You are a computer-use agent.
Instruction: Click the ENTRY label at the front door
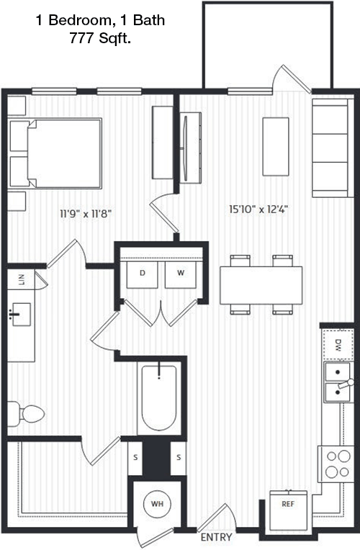[x=216, y=537]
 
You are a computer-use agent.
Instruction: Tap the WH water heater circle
[x=157, y=504]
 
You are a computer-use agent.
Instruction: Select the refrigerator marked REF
[x=289, y=510]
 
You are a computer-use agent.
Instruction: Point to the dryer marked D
[x=142, y=275]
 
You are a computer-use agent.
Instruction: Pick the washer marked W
[x=180, y=275]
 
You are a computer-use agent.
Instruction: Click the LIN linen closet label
[x=22, y=279]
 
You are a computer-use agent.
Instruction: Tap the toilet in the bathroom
[x=26, y=414]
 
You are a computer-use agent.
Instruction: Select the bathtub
[x=159, y=398]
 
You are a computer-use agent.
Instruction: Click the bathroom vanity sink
[x=21, y=315]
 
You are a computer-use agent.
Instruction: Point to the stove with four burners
[x=336, y=464]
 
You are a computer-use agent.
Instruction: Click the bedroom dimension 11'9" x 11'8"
[x=86, y=213]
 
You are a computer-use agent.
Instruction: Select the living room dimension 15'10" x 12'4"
[x=258, y=209]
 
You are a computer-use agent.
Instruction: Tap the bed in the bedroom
[x=55, y=153]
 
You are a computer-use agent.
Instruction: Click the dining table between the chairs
[x=261, y=285]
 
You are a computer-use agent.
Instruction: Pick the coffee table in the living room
[x=276, y=147]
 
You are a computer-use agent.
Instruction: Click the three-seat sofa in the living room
[x=333, y=148]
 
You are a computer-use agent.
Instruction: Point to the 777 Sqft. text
[x=100, y=38]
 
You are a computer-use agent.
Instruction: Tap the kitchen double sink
[x=337, y=382]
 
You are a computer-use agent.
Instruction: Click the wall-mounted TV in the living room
[x=186, y=148]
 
